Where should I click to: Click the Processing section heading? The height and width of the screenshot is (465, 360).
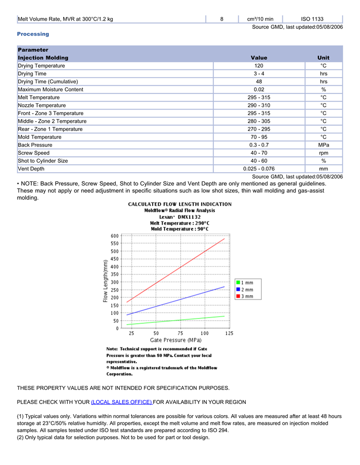tap(33, 34)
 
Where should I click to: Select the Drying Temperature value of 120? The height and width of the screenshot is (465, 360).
tap(259, 66)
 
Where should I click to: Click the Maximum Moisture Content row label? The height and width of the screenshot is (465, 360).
tap(50, 89)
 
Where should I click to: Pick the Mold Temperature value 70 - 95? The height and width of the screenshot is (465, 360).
tap(259, 137)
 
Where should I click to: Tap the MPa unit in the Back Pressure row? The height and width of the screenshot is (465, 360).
tap(323, 145)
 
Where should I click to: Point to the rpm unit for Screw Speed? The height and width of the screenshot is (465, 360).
tap(323, 153)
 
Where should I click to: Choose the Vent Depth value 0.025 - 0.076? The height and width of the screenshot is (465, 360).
tap(259, 169)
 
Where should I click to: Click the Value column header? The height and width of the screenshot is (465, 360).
tap(259, 58)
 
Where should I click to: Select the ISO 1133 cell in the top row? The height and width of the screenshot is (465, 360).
tap(312, 19)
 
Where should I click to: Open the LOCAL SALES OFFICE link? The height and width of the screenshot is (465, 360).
tap(121, 402)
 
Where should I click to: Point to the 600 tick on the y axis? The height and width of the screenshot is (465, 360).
tap(114, 236)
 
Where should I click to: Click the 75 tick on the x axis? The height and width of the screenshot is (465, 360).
tap(181, 333)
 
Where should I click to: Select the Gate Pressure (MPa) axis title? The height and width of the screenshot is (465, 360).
tap(175, 340)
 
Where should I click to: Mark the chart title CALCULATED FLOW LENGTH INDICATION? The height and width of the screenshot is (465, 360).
tap(179, 204)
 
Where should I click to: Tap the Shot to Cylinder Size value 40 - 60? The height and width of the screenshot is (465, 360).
tap(259, 161)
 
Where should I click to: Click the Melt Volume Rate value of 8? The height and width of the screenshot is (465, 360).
tap(222, 19)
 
